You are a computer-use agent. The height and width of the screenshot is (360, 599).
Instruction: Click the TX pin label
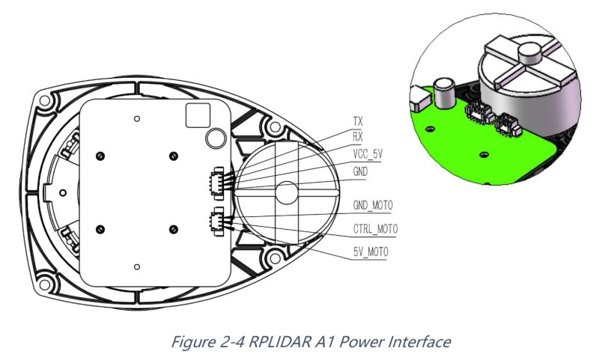pos(358,120)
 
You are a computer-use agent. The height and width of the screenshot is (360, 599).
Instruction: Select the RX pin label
pos(358,136)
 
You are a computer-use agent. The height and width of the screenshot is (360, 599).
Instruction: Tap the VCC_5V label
pos(367,153)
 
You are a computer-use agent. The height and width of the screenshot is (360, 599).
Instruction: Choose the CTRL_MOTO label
pos(375,228)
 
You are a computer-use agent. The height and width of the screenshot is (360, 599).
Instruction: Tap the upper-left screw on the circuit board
pos(100,155)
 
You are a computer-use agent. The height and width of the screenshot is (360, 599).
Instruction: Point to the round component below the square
pos(216,136)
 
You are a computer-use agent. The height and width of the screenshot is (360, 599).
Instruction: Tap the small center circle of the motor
pos(286,192)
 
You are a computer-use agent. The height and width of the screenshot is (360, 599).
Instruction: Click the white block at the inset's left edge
pos(419,97)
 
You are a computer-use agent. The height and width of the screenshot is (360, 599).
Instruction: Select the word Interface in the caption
pos(418,341)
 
